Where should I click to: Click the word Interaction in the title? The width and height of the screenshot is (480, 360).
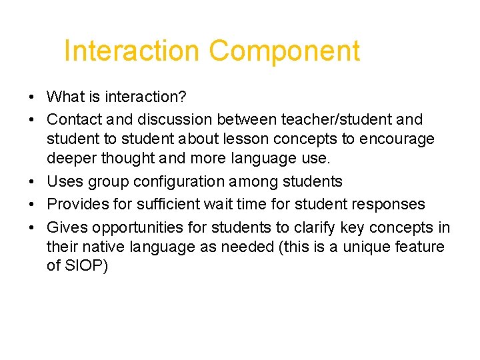(x=131, y=51)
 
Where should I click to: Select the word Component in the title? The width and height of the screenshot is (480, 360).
(x=284, y=51)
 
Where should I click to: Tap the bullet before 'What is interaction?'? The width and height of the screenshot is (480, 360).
(x=33, y=97)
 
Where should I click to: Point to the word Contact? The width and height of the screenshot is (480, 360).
(x=73, y=120)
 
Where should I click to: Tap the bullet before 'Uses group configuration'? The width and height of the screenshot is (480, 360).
(x=33, y=182)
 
